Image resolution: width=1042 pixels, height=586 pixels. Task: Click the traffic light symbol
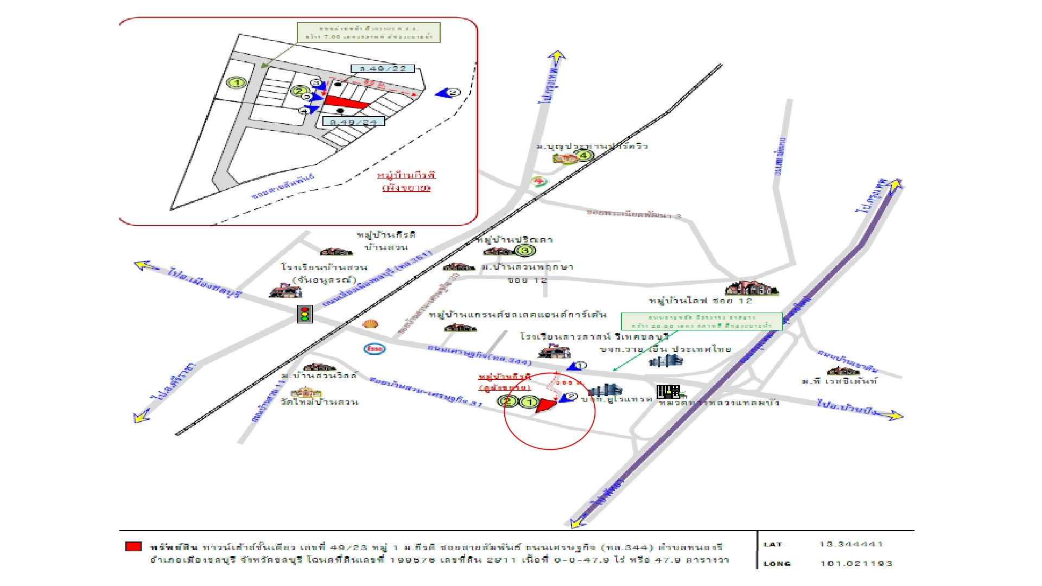click(x=304, y=314)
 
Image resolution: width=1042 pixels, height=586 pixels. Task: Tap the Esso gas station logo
click(x=374, y=348)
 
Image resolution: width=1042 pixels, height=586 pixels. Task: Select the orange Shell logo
click(x=370, y=324)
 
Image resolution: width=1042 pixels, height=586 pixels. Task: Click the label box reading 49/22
click(x=383, y=69)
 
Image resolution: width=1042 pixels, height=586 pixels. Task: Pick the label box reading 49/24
click(x=353, y=122)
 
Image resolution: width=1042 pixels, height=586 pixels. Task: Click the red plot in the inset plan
click(x=344, y=102)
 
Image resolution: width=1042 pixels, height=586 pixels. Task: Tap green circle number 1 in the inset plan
click(x=237, y=83)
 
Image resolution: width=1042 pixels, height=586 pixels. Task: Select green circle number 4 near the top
click(x=584, y=155)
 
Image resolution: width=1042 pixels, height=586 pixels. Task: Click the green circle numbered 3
click(x=524, y=250)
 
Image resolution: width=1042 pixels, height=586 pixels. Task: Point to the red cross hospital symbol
click(x=538, y=181)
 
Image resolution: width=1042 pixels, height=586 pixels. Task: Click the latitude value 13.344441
click(x=850, y=544)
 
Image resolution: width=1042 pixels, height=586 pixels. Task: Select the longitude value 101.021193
click(x=856, y=563)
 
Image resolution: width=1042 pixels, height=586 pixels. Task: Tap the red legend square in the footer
click(x=134, y=546)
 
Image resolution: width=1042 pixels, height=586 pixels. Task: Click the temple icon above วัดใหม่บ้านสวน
click(x=306, y=392)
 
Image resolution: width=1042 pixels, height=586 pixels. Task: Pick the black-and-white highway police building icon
click(x=668, y=391)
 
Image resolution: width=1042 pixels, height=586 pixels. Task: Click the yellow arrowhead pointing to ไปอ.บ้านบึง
click(x=894, y=416)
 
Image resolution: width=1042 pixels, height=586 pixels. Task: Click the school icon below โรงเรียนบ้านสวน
click(x=285, y=291)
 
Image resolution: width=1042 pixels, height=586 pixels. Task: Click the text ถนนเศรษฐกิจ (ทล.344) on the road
click(x=479, y=354)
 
